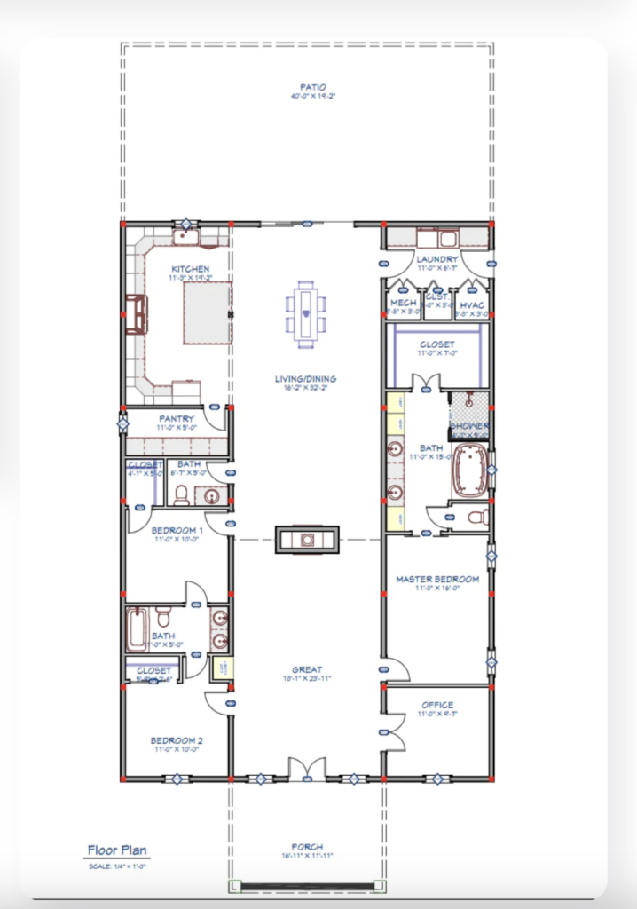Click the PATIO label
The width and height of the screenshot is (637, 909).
coord(307,87)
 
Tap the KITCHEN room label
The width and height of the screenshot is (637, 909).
coord(190,269)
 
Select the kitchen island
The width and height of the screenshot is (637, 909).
coord(207,313)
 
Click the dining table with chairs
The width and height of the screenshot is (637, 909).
coord(306,313)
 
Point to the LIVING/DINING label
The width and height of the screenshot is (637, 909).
coord(305,379)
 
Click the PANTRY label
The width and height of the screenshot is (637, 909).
coord(177,419)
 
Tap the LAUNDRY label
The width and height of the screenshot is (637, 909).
coord(436,259)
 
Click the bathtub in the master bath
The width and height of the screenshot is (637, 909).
coord(470,470)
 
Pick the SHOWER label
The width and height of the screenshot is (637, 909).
coord(470,426)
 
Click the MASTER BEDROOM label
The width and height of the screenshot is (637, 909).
coord(436,580)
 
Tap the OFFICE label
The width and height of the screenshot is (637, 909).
coord(437,705)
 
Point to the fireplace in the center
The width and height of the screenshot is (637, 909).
coord(307,538)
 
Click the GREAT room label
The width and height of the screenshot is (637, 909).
coord(307,669)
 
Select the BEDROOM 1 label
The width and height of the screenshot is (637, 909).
coord(177,531)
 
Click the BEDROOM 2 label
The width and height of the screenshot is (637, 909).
coord(177,740)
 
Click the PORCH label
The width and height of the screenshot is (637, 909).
coord(307,847)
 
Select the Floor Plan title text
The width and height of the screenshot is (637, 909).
coord(117,850)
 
